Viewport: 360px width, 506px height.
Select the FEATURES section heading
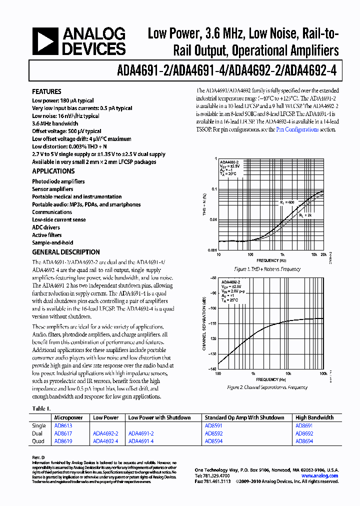point(47,91)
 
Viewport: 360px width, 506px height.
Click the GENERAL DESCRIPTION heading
point(66,252)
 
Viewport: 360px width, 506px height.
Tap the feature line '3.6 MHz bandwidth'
point(55,123)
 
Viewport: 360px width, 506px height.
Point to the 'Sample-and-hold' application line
point(52,242)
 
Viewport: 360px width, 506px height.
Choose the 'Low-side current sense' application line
point(59,219)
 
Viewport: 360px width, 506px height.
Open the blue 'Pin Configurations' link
point(297,129)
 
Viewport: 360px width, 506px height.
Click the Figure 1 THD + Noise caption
point(267,269)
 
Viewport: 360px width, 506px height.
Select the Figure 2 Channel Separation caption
point(267,387)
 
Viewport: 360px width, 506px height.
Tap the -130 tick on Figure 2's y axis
point(212,354)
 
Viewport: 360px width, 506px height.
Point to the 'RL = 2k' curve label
point(305,214)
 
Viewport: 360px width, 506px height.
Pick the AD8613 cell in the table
point(63,425)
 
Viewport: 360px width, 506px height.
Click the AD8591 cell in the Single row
point(213,425)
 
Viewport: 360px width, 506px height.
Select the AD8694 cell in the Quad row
point(304,441)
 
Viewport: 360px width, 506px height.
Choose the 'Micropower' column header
point(68,417)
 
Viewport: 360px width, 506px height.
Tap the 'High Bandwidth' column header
point(314,417)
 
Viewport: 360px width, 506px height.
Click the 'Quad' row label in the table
point(38,441)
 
